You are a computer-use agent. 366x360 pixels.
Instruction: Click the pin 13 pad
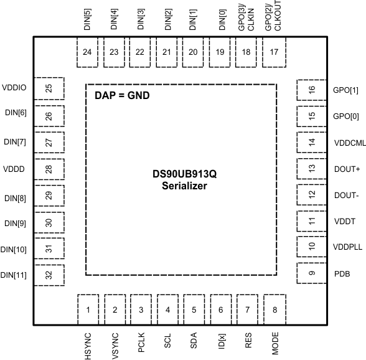coord(312,168)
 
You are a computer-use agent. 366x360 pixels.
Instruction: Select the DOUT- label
coord(346,195)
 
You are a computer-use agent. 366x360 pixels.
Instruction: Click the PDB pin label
coord(342,273)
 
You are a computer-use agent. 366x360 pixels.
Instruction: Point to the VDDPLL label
coord(348,247)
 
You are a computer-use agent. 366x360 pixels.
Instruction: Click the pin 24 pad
coord(87,52)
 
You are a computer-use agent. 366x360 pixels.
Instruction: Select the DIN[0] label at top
coord(220,19)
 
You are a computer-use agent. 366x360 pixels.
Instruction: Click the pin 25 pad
coord(49,89)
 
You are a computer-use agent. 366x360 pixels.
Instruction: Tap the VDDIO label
coord(14,88)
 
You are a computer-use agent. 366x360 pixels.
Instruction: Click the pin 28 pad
coord(49,168)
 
